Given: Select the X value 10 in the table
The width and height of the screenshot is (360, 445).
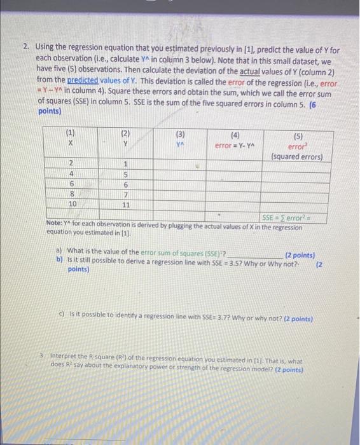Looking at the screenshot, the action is (72, 204).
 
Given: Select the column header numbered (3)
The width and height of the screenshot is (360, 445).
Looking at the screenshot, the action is (181, 135).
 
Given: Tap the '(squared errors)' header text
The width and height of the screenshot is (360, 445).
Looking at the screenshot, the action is (297, 156).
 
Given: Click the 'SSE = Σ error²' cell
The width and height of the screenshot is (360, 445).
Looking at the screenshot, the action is (292, 217).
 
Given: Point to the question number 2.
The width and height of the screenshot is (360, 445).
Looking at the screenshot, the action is (25, 47).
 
